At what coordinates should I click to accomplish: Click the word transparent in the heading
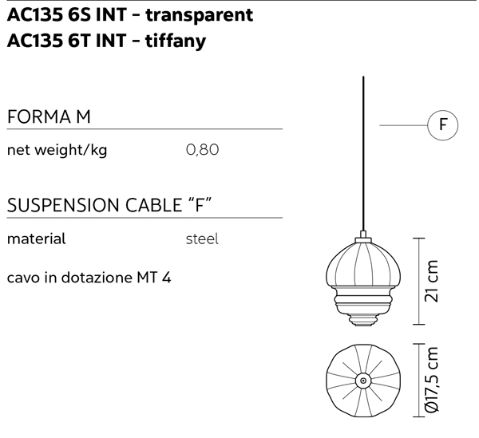pyautogui.click(x=199, y=15)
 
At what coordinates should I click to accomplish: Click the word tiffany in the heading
pyautogui.click(x=176, y=41)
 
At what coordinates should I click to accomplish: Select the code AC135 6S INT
pyautogui.click(x=66, y=14)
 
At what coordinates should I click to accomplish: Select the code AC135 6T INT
pyautogui.click(x=66, y=41)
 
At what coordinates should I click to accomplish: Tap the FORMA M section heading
pyautogui.click(x=49, y=116)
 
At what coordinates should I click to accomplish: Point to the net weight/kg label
pyautogui.click(x=57, y=150)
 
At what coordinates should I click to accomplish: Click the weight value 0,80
pyautogui.click(x=202, y=150)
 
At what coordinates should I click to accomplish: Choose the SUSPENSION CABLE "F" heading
pyautogui.click(x=109, y=205)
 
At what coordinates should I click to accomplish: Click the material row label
pyautogui.click(x=36, y=239)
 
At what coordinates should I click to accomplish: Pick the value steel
pyautogui.click(x=202, y=239)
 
